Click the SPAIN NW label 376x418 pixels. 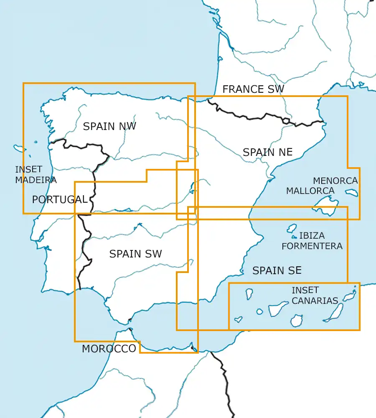click(x=109, y=126)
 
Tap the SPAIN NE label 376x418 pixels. click(x=267, y=152)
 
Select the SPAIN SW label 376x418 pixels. click(x=135, y=254)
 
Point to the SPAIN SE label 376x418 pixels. click(x=277, y=271)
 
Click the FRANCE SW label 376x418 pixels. click(x=253, y=89)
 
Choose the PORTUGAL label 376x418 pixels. click(x=60, y=200)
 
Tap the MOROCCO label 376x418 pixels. click(x=109, y=349)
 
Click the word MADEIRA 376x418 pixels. click(x=36, y=180)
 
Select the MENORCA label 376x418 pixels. click(x=335, y=181)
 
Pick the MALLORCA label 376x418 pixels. click(x=310, y=191)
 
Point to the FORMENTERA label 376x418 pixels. click(x=312, y=246)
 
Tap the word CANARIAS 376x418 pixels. click(x=315, y=301)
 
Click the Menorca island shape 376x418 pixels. click(x=352, y=193)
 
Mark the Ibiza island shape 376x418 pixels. click(x=292, y=229)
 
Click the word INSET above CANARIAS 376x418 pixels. click(x=305, y=290)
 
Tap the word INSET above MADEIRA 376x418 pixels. click(x=28, y=169)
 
